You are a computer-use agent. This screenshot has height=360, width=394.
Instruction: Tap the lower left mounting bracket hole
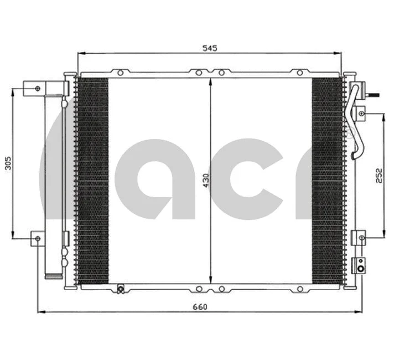click(37, 238)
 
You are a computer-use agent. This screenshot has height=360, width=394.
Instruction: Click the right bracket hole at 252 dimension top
click(362, 114)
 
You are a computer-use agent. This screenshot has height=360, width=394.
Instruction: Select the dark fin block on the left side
click(92, 180)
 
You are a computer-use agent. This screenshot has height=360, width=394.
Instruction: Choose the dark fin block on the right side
click(328, 180)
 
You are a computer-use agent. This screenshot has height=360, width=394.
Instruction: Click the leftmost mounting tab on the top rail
click(120, 72)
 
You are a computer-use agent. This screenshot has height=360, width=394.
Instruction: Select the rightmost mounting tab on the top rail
click(299, 72)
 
